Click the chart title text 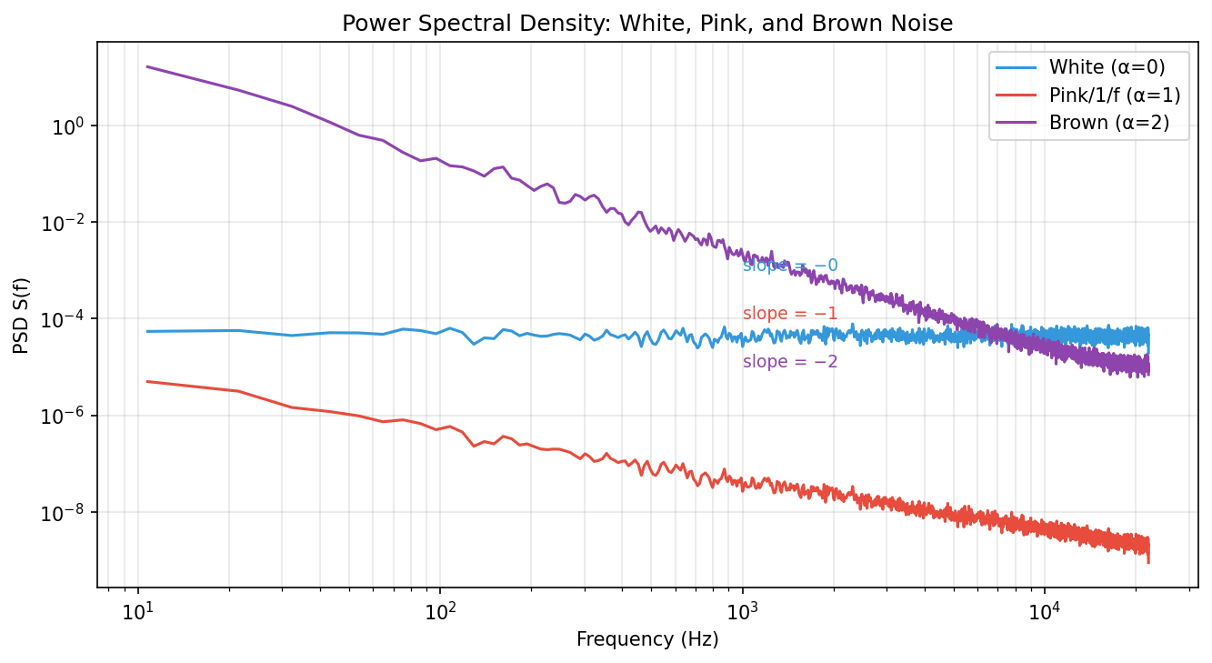(x=647, y=25)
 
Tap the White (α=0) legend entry (x=1106, y=66)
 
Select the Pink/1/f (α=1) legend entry (x=1114, y=95)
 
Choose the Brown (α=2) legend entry (x=1108, y=122)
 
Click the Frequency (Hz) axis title (x=647, y=639)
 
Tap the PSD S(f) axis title (x=21, y=315)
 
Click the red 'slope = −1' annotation (x=790, y=314)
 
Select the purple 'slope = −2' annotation (x=790, y=362)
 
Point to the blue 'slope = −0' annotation (x=790, y=266)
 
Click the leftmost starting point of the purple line (x=147, y=66)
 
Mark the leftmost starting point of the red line (x=147, y=381)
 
